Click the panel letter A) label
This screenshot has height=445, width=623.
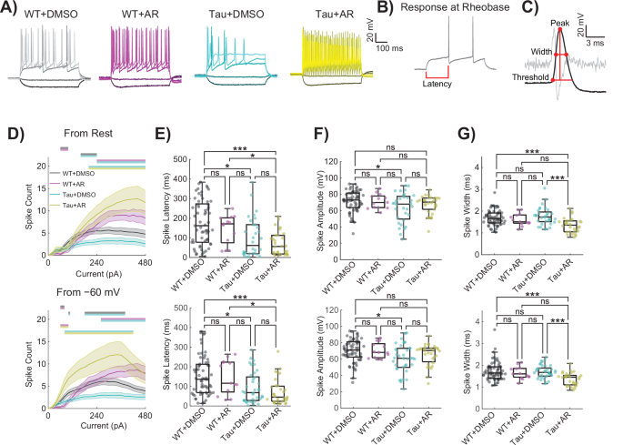pos(12,11)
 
